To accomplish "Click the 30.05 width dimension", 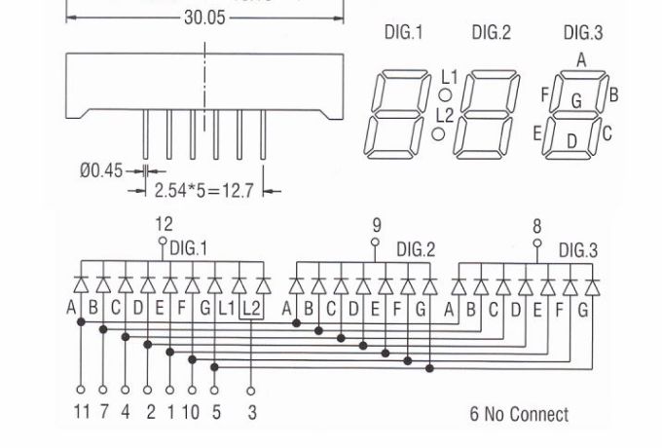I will click(x=204, y=18).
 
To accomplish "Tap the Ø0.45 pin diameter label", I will click(x=101, y=170).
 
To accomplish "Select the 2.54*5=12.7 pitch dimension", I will click(x=203, y=190).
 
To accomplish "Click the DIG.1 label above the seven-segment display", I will click(x=403, y=33).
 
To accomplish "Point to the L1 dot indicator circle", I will click(x=444, y=95).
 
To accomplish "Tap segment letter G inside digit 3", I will click(x=576, y=100).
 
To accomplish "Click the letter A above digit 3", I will click(x=581, y=59).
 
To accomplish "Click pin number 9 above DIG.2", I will click(x=377, y=226).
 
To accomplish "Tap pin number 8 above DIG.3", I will click(x=536, y=226).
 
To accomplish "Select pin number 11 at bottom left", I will click(x=82, y=412).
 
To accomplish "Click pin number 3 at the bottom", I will click(x=252, y=412).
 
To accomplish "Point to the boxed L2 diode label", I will click(x=251, y=309).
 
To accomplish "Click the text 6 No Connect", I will click(x=519, y=415).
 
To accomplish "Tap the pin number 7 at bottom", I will click(x=104, y=412).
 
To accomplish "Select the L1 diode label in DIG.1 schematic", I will click(x=228, y=309).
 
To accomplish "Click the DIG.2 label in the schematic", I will click(x=416, y=249).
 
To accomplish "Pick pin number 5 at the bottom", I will click(x=216, y=412).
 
